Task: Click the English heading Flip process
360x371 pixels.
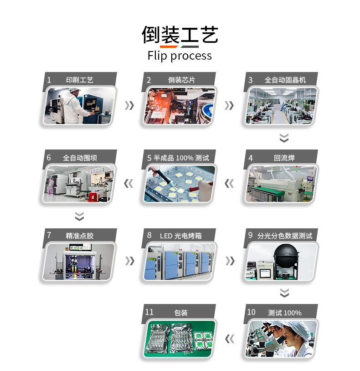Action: click(180, 56)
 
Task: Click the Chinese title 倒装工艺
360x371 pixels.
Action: click(180, 35)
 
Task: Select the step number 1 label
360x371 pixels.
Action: click(49, 80)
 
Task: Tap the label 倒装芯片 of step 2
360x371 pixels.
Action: click(181, 80)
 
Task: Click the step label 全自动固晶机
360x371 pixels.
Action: click(285, 80)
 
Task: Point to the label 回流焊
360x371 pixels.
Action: click(284, 158)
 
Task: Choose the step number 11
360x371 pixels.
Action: click(149, 312)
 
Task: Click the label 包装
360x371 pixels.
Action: click(181, 313)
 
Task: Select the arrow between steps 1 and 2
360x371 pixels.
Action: click(130, 106)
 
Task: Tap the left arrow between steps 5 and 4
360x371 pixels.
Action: click(229, 184)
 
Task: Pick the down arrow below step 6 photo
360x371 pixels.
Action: click(79, 216)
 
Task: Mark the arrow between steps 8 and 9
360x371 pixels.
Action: click(231, 261)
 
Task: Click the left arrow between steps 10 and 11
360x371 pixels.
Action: click(230, 339)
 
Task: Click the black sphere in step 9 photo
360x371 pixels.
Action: click(286, 255)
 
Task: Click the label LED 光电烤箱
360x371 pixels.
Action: click(181, 236)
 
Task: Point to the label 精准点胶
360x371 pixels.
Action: click(80, 236)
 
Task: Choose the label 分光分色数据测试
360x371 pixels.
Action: click(285, 236)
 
